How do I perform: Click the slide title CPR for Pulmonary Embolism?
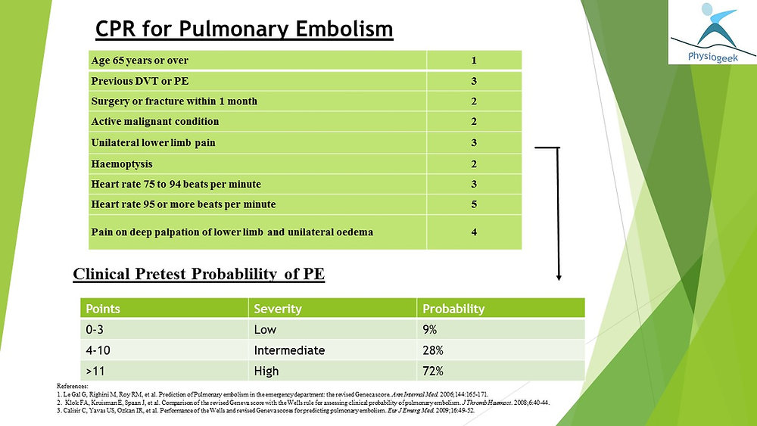click(x=245, y=29)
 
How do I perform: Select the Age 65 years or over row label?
click(x=139, y=60)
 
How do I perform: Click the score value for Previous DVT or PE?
click(x=473, y=80)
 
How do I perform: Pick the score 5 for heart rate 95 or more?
click(x=473, y=204)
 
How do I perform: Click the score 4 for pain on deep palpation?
click(x=473, y=232)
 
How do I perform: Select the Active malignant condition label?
click(x=155, y=121)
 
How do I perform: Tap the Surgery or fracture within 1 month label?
click(x=174, y=101)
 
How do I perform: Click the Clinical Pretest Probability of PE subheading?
click(x=198, y=274)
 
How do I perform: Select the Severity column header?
click(x=278, y=309)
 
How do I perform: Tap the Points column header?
click(x=103, y=309)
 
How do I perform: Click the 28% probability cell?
click(x=434, y=350)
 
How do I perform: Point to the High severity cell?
click(x=266, y=371)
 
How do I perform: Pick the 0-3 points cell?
click(x=98, y=330)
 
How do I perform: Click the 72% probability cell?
click(x=434, y=371)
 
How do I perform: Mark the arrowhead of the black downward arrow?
click(x=559, y=277)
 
